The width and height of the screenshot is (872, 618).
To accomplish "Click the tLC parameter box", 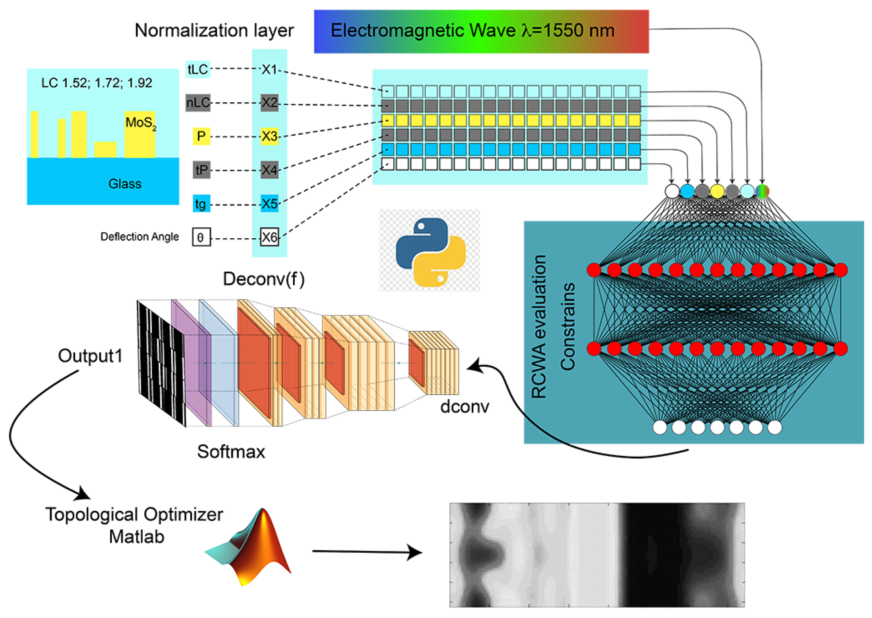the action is (x=198, y=69).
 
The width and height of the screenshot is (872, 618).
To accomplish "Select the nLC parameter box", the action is (x=198, y=102).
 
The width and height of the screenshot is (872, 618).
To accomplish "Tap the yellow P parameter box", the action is (x=201, y=136).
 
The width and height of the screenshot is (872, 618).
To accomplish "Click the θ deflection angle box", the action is (x=201, y=237).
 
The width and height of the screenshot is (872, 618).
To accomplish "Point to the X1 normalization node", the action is (x=269, y=69).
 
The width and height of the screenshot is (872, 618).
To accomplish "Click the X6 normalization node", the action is (x=269, y=237).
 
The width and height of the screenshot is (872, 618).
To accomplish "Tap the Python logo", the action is (x=430, y=252).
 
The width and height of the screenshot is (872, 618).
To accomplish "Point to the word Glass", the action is (x=125, y=184).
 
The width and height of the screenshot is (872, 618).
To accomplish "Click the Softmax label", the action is (x=231, y=452).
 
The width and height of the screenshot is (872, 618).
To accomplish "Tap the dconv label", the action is (x=465, y=407).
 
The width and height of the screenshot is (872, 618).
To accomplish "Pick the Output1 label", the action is (x=90, y=356).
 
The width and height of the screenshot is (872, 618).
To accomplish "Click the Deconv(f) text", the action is (x=264, y=279).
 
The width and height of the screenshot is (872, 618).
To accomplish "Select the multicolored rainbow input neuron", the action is (x=762, y=191).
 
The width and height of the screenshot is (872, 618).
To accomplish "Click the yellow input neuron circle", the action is (x=717, y=191).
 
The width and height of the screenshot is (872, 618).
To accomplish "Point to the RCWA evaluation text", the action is (x=539, y=327).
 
